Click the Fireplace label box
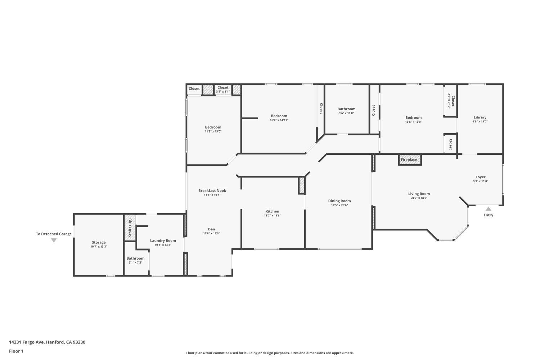point(409,160)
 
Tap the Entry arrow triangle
point(488,209)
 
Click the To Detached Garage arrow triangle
point(54,240)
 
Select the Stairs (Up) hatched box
point(130,228)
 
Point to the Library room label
point(480,117)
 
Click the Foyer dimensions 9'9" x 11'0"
point(480,181)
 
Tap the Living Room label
point(419,194)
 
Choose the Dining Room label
point(339,201)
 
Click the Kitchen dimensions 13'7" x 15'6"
point(272,216)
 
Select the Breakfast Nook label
point(212,190)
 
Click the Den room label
point(211,229)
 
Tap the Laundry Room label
point(163,240)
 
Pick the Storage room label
point(99,242)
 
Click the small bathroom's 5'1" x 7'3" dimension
point(135,262)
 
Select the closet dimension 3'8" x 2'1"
point(222,92)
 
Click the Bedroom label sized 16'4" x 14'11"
point(279,116)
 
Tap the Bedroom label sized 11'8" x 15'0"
point(213,127)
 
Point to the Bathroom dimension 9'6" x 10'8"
point(346,113)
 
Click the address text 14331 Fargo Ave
point(27,342)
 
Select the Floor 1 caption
point(16,351)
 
